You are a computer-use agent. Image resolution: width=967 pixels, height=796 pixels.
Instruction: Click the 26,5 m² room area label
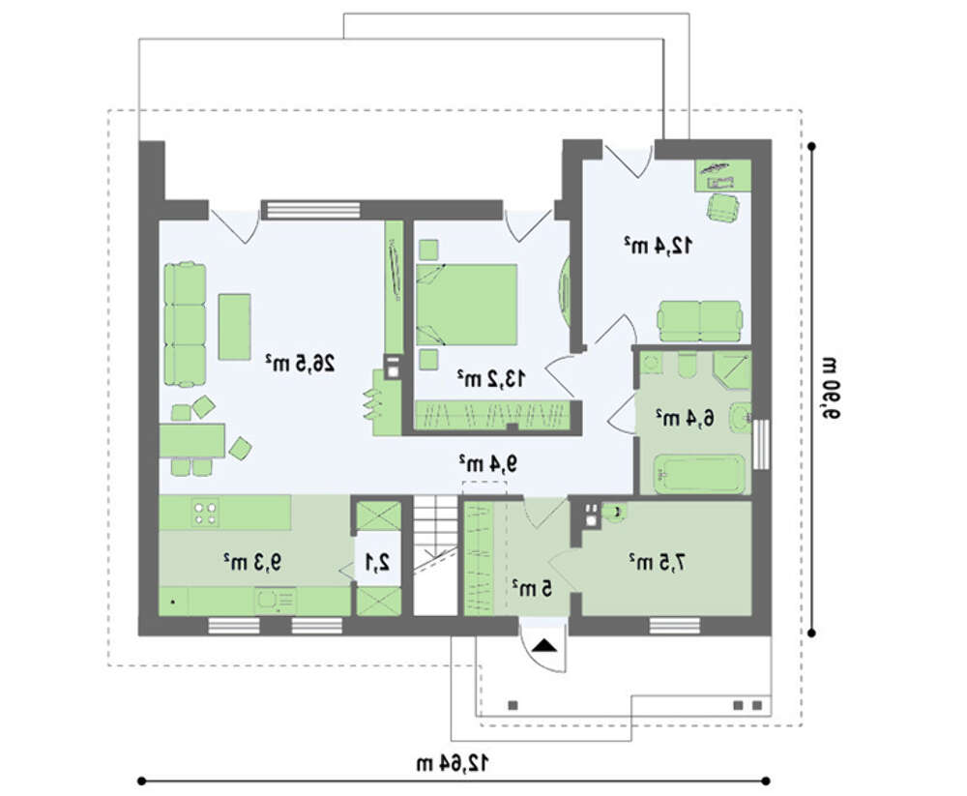coord(301,363)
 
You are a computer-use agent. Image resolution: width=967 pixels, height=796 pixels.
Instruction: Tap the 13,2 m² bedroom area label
coord(491,377)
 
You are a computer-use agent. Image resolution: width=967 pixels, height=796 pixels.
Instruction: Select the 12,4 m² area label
coord(658,245)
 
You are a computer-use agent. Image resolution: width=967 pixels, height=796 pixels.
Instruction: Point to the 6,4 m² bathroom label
coord(686,419)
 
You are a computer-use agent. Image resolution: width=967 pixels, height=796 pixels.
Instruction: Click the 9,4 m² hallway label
coord(487,462)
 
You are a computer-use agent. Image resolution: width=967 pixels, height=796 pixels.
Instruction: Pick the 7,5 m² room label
coord(658,562)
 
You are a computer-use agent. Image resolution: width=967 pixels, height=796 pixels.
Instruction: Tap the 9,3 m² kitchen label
coord(252,562)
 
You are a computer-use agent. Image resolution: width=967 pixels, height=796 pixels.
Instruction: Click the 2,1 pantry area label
coord(377,562)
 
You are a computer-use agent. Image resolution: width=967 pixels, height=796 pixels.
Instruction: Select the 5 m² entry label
coord(532,589)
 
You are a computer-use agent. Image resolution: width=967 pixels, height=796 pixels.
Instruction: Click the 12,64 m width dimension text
coord(453,763)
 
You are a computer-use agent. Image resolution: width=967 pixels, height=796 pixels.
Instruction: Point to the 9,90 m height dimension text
coord(829,388)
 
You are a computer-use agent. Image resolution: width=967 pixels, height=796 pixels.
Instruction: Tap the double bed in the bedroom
coord(466,305)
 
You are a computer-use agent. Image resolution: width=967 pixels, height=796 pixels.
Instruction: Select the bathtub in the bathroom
coord(699,474)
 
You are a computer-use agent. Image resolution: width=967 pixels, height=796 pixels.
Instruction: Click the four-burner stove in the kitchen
coord(205,513)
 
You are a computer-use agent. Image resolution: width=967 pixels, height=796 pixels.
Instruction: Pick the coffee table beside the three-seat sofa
coord(234,326)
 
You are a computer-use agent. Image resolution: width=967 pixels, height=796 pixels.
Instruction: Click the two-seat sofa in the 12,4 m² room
coord(700,321)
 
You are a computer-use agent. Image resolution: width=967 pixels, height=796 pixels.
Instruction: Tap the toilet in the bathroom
coord(687,365)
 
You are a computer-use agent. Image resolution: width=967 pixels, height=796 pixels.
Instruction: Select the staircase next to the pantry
coord(436,555)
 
